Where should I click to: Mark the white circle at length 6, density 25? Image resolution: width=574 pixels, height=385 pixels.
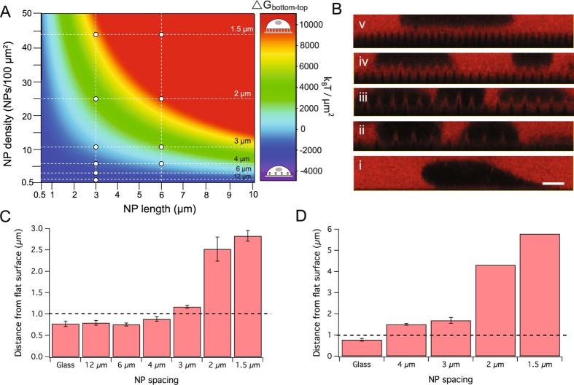tap(161, 98)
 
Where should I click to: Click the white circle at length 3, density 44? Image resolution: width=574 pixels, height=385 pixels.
tap(96, 35)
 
